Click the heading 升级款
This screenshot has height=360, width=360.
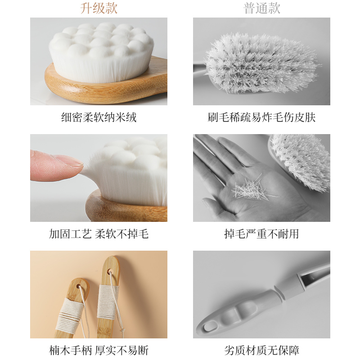tap(99, 8)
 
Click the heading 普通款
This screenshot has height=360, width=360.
tap(261, 8)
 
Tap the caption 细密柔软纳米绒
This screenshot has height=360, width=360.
tap(99, 118)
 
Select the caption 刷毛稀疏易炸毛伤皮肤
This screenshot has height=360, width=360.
tap(261, 118)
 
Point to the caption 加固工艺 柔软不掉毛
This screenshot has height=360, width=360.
tap(99, 234)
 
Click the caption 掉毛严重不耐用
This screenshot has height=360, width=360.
tap(261, 234)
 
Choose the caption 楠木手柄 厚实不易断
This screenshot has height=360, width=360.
tap(99, 351)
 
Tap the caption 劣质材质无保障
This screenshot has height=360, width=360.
tap(261, 351)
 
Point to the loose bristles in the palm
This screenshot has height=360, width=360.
tap(250, 189)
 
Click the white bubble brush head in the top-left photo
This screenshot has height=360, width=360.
tap(101, 49)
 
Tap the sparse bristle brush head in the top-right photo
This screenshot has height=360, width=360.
tap(261, 63)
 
